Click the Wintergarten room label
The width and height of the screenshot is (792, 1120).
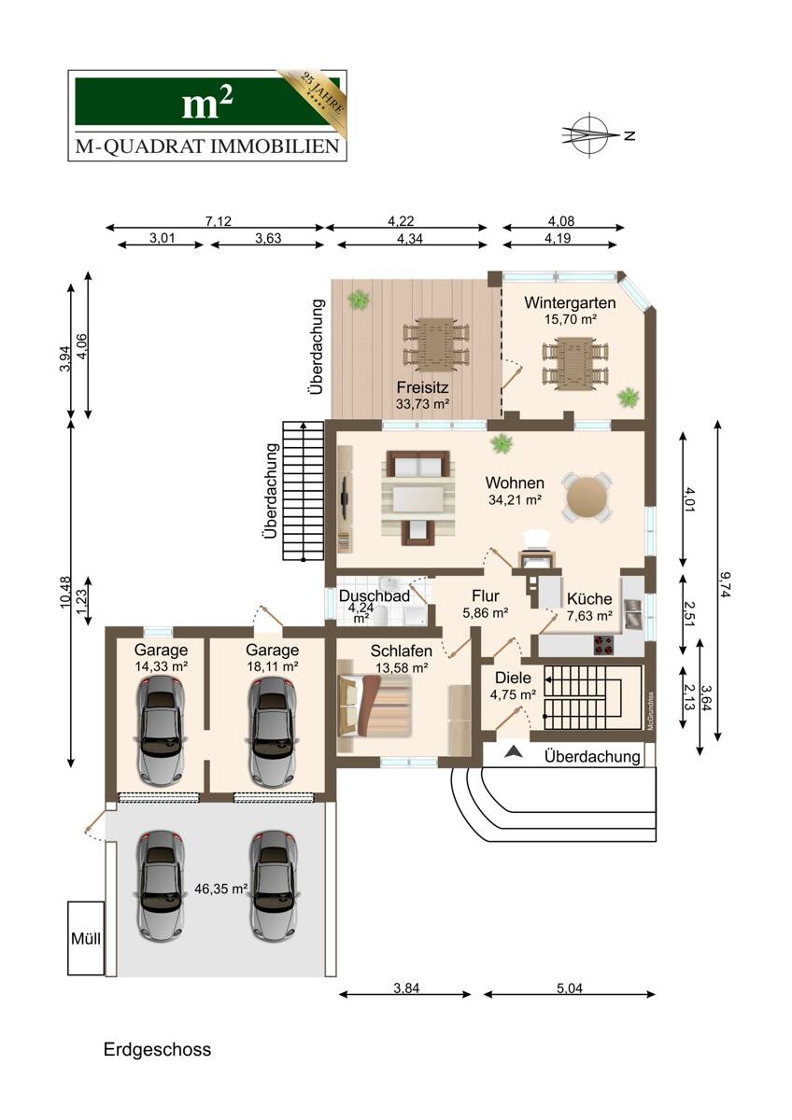[570, 302]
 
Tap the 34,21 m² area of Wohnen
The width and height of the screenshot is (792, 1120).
[515, 499]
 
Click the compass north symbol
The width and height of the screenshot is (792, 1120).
[591, 135]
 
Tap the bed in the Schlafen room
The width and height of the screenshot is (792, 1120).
[375, 706]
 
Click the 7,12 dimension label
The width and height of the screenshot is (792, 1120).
[219, 220]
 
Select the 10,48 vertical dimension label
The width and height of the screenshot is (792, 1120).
[65, 592]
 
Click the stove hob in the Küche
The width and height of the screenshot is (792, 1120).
[603, 645]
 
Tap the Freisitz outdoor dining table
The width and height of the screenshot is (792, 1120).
[436, 343]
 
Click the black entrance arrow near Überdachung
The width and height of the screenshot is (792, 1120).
[511, 751]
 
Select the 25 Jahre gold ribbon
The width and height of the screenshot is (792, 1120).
[314, 92]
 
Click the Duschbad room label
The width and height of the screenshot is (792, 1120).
[374, 595]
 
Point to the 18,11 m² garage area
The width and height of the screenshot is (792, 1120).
[273, 666]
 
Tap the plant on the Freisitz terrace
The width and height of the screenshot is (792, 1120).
[359, 300]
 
